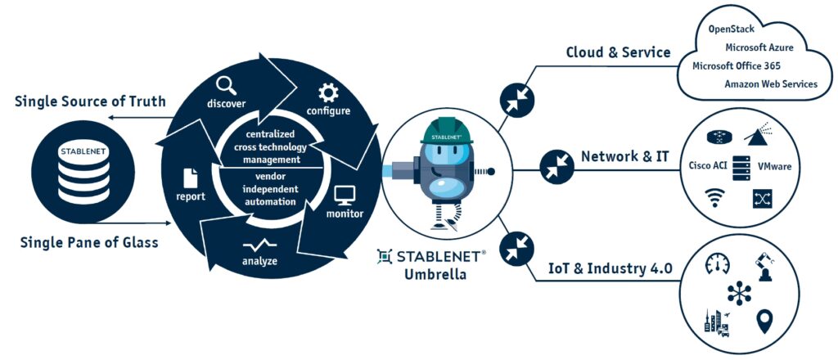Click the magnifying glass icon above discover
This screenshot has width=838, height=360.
point(226,84)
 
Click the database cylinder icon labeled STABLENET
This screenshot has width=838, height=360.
point(74,174)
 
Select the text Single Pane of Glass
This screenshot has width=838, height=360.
point(88,243)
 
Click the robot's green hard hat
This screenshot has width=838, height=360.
point(447,132)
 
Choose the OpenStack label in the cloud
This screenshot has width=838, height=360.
point(731,29)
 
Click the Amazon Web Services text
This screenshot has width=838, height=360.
point(770,84)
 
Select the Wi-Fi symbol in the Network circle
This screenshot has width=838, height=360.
point(714,198)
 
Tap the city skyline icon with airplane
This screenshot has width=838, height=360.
point(716,320)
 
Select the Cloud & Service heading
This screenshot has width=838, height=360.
point(618,52)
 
